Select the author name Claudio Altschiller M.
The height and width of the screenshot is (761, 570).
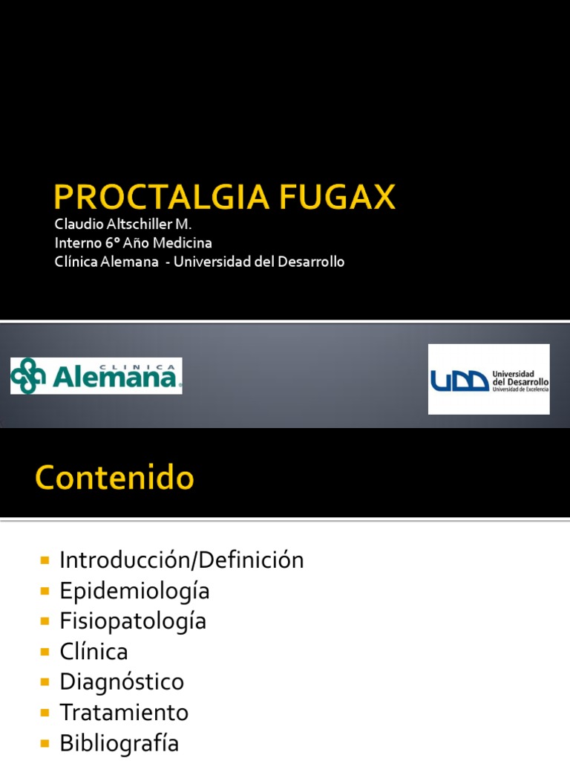point(123,224)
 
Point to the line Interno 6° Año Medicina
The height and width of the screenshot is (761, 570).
point(134,242)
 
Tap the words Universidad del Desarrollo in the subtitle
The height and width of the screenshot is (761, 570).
point(259,262)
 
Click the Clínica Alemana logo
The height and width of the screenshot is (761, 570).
point(96,375)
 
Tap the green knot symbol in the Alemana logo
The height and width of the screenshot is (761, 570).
point(28,375)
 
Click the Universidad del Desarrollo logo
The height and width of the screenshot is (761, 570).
point(488,379)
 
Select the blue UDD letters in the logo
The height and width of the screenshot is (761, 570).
point(459,380)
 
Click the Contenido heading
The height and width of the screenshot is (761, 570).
point(114,478)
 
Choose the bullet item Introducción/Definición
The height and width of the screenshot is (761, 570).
point(182,560)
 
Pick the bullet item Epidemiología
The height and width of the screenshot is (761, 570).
point(134,591)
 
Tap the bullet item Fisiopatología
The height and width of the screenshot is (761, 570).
point(133,621)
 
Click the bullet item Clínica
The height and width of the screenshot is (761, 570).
point(94,652)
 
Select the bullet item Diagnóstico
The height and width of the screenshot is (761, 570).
point(122,682)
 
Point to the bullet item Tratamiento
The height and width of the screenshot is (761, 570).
point(124,713)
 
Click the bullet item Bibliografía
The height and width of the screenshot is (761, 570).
point(119,743)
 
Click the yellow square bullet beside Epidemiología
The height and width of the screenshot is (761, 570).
point(45,591)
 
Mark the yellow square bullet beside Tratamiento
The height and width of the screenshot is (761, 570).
point(45,713)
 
